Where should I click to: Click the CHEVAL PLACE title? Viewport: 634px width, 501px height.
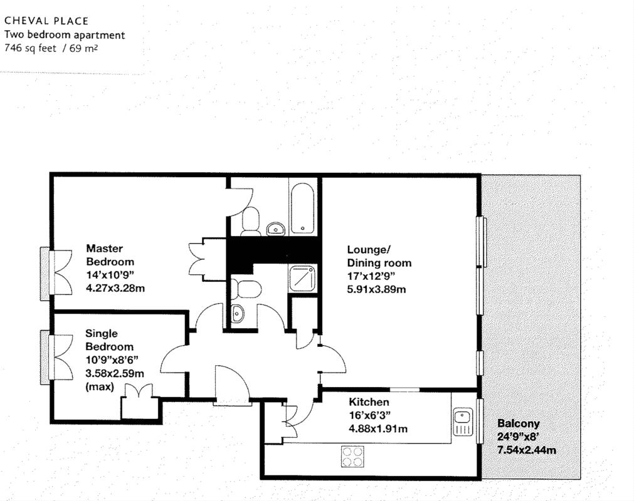[x=46, y=21]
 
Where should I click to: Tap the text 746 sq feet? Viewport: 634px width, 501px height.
[x=30, y=48]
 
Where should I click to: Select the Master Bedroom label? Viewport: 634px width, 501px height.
[x=110, y=255]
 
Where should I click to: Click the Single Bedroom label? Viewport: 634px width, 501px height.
[x=109, y=340]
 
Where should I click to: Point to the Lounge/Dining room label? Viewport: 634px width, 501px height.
[x=379, y=256]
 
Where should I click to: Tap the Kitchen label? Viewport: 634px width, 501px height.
[x=369, y=402]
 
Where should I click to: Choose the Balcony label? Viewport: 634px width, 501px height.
[x=519, y=423]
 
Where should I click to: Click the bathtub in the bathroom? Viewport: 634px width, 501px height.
[x=302, y=209]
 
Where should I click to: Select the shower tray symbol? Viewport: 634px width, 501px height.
[x=302, y=278]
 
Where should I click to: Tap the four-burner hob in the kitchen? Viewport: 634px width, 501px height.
[x=352, y=457]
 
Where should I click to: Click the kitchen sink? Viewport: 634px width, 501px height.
[x=463, y=422]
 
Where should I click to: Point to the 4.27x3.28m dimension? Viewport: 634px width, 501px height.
[x=115, y=288]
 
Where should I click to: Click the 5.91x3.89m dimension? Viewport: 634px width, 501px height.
[x=376, y=289]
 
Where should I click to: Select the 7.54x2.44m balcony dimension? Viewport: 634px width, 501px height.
[x=526, y=450]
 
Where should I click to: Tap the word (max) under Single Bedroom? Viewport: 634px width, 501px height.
[x=100, y=387]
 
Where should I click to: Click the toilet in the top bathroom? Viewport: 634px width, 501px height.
[x=251, y=221]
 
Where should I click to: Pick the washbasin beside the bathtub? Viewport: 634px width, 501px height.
[x=276, y=229]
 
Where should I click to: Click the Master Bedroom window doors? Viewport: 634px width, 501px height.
[x=56, y=273]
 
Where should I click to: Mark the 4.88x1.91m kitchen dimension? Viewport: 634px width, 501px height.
[x=378, y=429]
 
